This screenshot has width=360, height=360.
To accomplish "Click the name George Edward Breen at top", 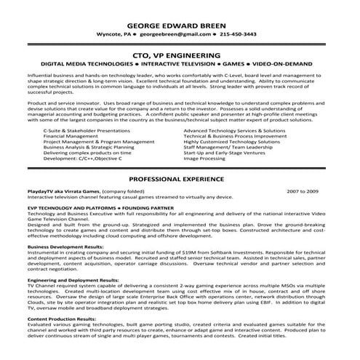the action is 179,21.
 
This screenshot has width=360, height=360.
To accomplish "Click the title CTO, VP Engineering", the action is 180,55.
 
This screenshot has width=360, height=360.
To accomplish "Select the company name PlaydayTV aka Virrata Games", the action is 79,191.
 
